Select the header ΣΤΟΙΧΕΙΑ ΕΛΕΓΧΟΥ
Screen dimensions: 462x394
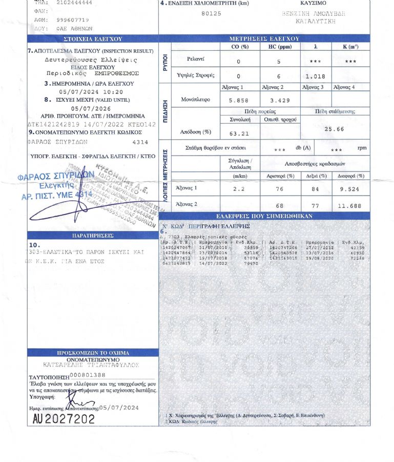click(x=93, y=38)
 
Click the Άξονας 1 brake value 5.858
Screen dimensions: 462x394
click(x=239, y=101)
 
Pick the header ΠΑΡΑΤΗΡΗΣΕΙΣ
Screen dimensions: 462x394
click(x=93, y=236)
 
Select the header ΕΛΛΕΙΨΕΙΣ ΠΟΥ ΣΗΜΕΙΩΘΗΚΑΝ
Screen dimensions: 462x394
click(x=264, y=217)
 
